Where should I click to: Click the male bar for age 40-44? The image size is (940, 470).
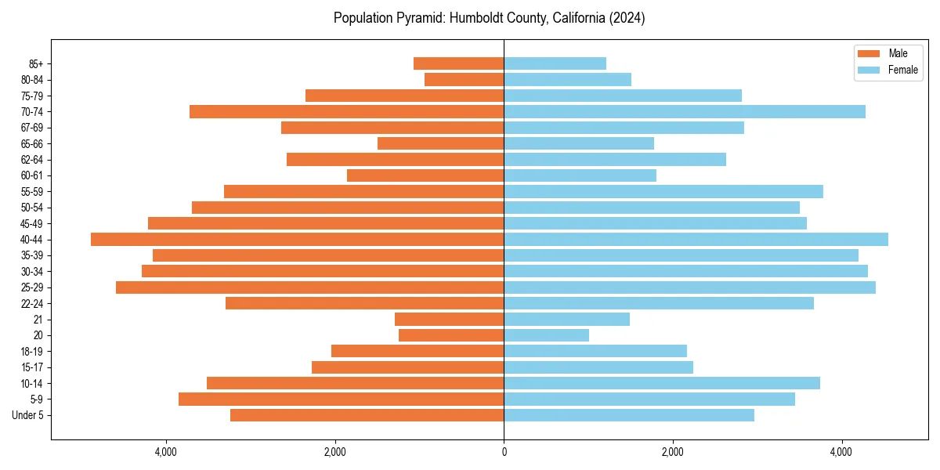coord(298,240)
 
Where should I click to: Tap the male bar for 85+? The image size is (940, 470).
coord(459,63)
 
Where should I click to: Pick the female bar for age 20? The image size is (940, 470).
coord(546,335)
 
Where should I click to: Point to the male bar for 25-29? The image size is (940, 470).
coord(310,287)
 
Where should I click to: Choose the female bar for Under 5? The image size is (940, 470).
coord(629,415)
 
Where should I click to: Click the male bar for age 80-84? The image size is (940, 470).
coord(465,80)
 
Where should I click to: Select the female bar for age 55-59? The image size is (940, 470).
coord(663,192)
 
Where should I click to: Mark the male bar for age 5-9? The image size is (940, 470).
coord(342,399)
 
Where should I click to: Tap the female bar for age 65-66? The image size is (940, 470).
coord(579,143)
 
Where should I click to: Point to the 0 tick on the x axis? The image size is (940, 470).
coord(504,452)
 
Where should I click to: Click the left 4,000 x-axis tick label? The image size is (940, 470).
coord(166,452)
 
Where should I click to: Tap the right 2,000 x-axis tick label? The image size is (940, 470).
coord(673,452)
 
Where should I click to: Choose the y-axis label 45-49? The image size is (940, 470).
coord(32,224)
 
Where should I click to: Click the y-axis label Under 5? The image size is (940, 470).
coord(28,415)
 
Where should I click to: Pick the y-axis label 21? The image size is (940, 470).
coord(38,320)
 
